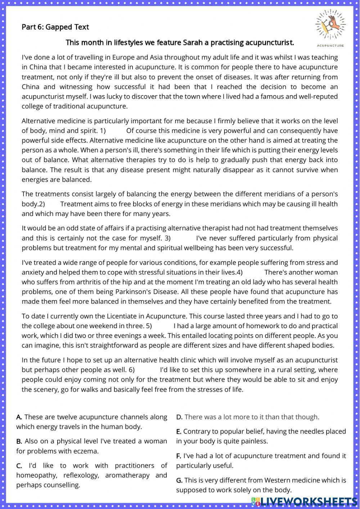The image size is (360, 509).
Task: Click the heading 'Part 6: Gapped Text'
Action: [x=55, y=27]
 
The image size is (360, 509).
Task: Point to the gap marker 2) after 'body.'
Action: [x=42, y=204]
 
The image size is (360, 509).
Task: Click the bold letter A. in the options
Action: [x=19, y=417]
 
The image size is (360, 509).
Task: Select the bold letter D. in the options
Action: [x=179, y=417]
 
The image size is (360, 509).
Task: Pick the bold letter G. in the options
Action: [x=179, y=480]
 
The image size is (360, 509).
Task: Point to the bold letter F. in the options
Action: [x=179, y=456]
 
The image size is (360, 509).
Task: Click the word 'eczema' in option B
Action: [x=86, y=451]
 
